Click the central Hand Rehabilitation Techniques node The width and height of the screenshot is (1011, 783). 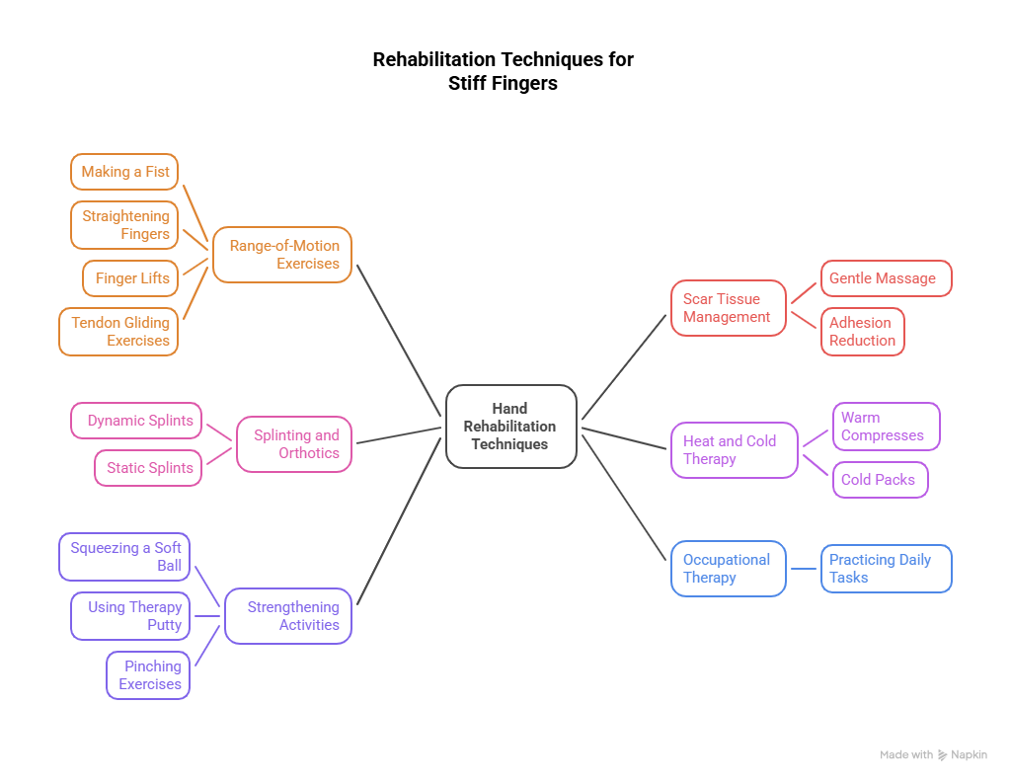pos(510,426)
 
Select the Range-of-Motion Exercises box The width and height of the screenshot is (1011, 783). pos(282,255)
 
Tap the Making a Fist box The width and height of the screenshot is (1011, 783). pos(124,172)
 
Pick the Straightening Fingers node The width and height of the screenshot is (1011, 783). pos(124,225)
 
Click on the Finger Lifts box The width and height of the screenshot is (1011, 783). pos(131,278)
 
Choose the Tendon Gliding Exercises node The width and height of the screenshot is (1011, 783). pos(118,332)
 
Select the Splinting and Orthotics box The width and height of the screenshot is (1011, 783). pos(294,444)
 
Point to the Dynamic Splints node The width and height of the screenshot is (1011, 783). pos(136,421)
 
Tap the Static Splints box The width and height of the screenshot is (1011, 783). pos(148,468)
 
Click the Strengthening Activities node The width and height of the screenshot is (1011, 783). pos(288,616)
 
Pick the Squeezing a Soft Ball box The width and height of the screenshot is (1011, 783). pos(124,557)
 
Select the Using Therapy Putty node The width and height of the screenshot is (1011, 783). pos(130,616)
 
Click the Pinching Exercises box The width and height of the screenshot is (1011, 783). pos(148,675)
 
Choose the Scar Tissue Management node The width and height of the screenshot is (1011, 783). pos(729,308)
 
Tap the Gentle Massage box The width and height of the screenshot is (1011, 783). pos(886,278)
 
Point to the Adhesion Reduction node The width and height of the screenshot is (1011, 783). pos(862,332)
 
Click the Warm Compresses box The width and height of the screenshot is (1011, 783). pos(886,427)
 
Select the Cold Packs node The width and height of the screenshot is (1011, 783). pos(880,480)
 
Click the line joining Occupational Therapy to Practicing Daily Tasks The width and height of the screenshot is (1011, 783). pos(804,569)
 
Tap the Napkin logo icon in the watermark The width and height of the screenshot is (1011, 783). pos(943,755)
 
